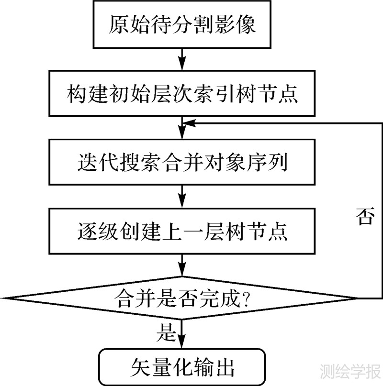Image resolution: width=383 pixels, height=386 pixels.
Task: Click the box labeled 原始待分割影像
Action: click(x=182, y=24)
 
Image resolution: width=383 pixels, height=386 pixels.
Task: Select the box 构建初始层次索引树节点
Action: click(x=182, y=93)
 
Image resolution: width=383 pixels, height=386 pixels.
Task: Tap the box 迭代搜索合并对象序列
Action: click(x=182, y=162)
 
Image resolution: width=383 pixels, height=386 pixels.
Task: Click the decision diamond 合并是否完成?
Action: click(x=182, y=298)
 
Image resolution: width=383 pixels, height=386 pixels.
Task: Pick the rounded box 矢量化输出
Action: click(x=182, y=367)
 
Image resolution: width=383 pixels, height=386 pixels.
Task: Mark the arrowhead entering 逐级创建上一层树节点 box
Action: click(x=182, y=204)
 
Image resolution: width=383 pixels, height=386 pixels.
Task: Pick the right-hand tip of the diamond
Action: click(x=358, y=298)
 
